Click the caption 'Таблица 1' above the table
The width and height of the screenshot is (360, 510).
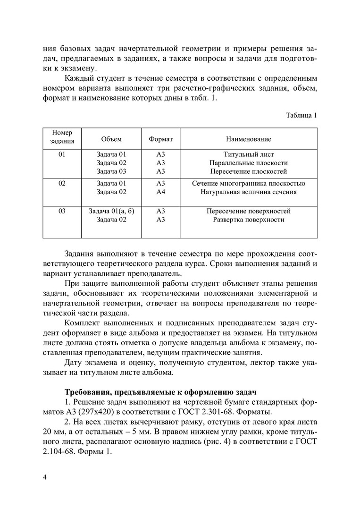point(301,115)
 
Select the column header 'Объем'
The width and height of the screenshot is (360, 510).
point(111,139)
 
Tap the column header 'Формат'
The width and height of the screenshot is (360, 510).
point(161,139)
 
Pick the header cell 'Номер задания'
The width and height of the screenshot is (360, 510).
point(62,137)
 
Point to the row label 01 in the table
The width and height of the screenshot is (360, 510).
point(62,154)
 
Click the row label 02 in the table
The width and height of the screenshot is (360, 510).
point(62,183)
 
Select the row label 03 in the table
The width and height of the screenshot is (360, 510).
point(62,211)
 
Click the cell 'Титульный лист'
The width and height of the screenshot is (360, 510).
point(248,154)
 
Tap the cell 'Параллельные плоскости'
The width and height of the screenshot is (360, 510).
point(248,163)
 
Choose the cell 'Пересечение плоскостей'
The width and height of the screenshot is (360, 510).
point(248,171)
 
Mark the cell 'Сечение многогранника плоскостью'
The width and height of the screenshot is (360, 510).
point(249,183)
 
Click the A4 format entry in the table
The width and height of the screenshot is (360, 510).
point(161,192)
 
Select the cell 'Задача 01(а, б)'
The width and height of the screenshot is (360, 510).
point(112,211)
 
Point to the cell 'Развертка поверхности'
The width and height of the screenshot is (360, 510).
point(249,220)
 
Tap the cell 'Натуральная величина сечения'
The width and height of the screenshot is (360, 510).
point(249,192)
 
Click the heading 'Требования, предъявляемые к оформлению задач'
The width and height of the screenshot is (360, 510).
point(160,392)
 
